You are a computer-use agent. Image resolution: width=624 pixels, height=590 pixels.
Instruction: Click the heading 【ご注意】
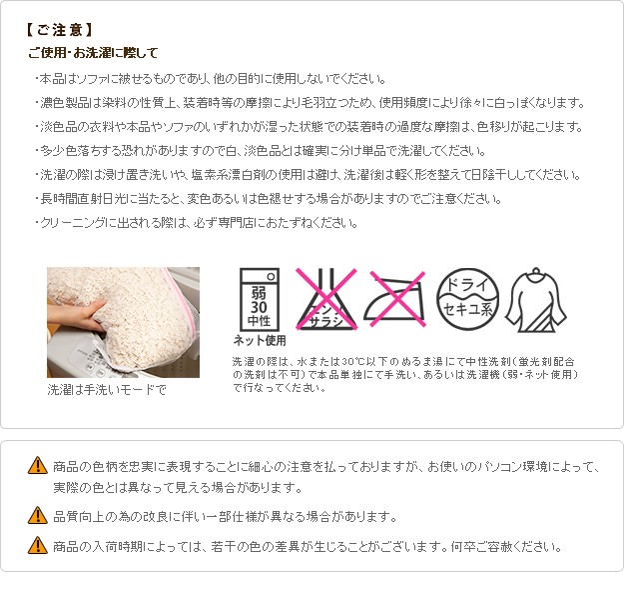(59, 30)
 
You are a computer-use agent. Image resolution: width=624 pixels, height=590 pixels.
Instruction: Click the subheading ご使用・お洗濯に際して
(94, 53)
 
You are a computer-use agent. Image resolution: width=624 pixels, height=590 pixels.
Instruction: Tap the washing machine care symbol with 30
(259, 299)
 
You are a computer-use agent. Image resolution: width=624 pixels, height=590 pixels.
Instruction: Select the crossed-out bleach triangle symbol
(326, 299)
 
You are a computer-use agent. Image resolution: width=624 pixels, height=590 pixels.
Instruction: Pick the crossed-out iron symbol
(394, 299)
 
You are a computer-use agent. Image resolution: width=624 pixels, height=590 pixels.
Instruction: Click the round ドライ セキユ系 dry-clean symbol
(467, 299)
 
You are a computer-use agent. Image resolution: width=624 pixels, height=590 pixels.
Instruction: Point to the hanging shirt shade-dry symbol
(536, 300)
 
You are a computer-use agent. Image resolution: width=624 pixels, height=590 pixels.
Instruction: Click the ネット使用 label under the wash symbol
(260, 340)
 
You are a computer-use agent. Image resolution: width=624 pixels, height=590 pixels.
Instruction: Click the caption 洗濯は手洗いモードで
(107, 389)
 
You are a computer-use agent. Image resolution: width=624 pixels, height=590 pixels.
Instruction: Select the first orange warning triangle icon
(38, 465)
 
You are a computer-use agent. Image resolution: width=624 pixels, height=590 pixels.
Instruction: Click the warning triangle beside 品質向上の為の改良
(38, 515)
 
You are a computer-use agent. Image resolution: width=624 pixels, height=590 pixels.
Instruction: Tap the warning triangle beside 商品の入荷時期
(38, 545)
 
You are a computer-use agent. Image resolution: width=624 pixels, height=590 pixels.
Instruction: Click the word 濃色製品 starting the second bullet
(65, 103)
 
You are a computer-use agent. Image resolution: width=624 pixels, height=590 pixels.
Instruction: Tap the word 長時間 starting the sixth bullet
(59, 199)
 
